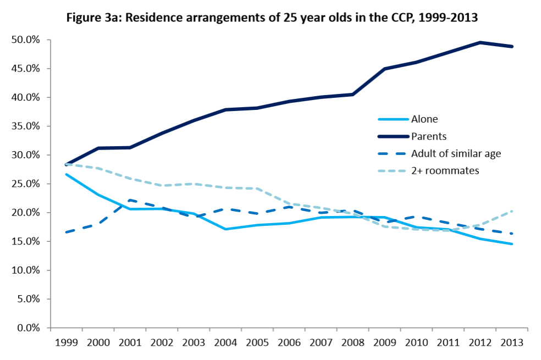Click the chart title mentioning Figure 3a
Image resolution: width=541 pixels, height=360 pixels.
pos(272,17)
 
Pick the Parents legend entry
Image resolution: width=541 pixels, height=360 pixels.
pos(428,136)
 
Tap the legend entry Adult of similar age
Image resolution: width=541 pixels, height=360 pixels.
pos(456,153)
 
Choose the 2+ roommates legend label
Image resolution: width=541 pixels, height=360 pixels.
pos(445,170)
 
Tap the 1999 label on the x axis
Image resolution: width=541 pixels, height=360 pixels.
pos(66,342)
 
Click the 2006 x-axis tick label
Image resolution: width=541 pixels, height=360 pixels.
pos(289,342)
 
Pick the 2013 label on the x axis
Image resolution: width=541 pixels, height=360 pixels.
pos(512,342)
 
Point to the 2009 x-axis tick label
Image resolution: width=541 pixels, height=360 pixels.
pos(385,342)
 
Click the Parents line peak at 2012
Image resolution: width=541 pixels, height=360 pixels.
pos(480,42)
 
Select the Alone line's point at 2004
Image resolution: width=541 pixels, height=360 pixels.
pos(225,229)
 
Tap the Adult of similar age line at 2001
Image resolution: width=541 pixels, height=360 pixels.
pos(130,200)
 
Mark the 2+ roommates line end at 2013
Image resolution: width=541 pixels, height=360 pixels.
pos(512,211)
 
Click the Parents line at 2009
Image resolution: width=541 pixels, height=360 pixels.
pos(385,69)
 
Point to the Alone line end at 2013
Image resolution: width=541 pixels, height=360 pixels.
pos(512,244)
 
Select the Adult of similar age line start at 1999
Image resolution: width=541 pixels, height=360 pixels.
pos(66,232)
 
